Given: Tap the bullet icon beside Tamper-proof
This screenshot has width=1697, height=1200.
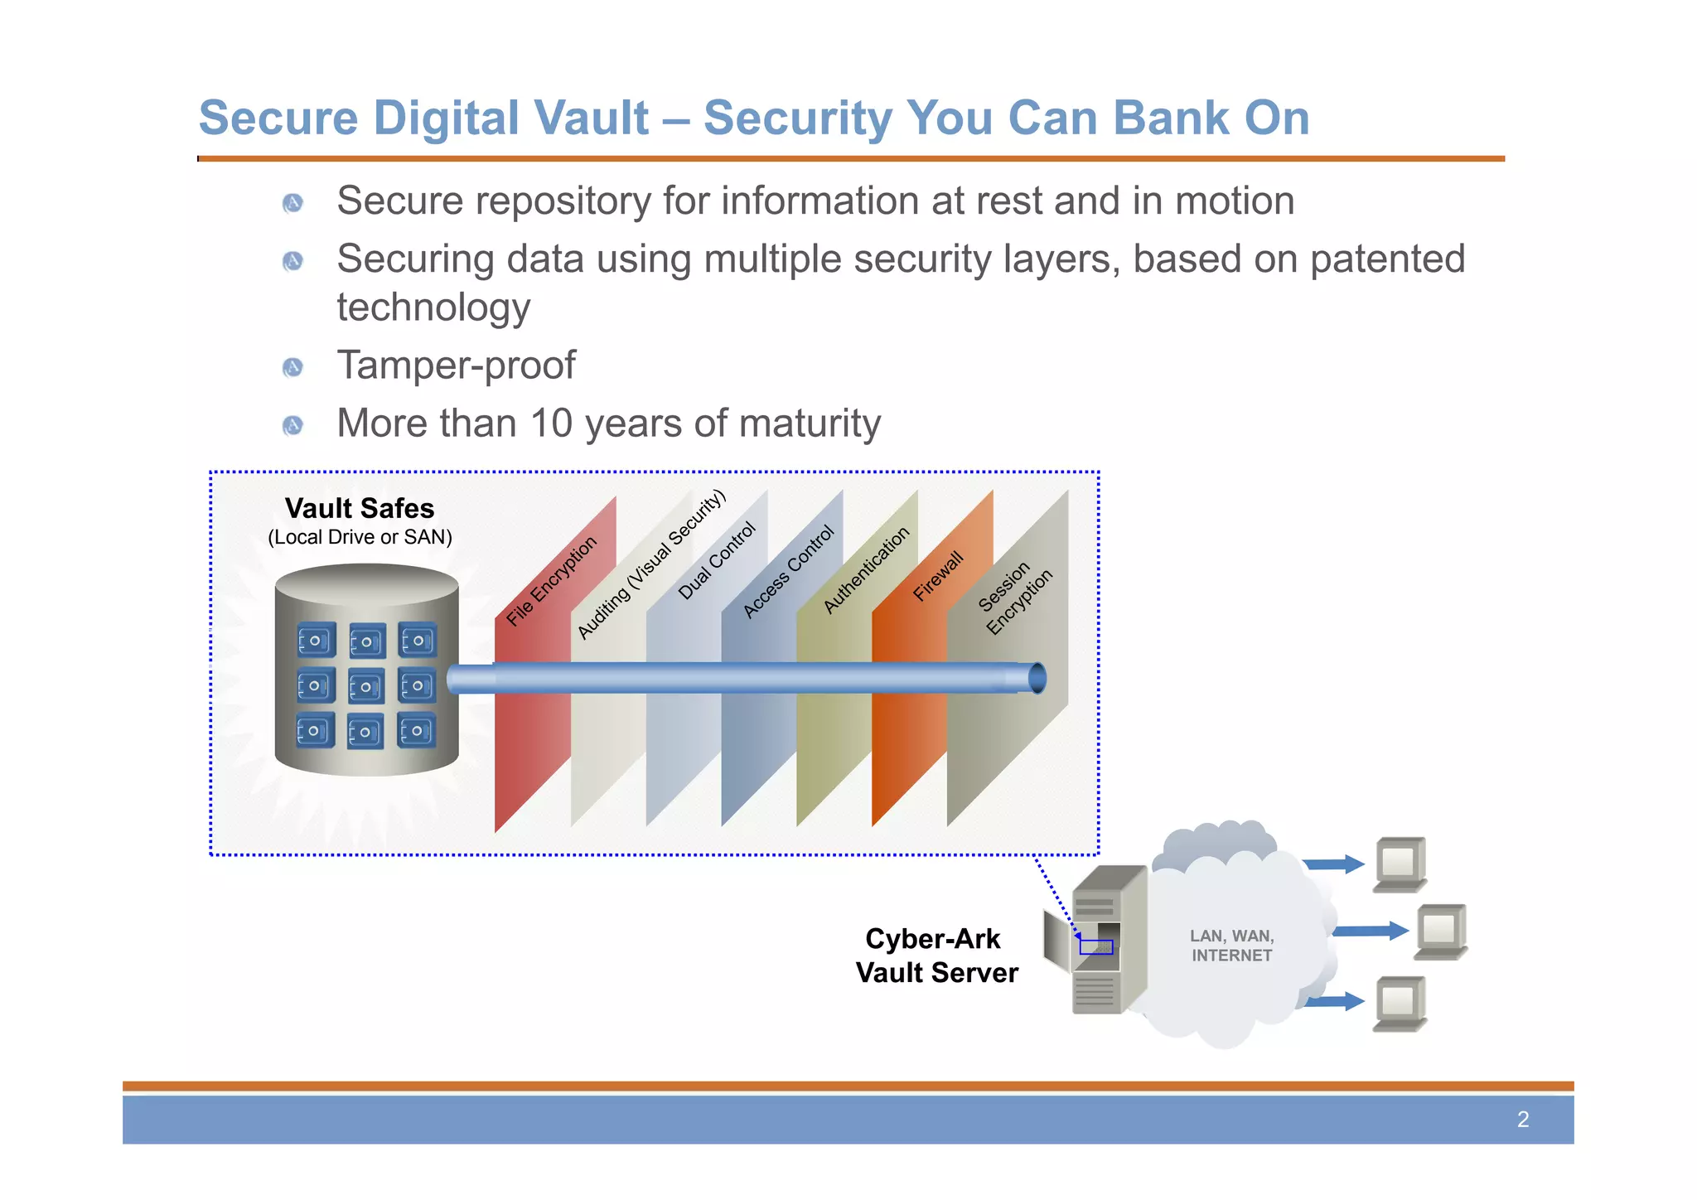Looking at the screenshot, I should tap(293, 367).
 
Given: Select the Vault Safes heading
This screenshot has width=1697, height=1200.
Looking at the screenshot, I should tap(360, 508).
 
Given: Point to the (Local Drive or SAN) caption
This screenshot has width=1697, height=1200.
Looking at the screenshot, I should tap(360, 537).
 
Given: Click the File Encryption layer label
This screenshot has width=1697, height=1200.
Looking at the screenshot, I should tap(552, 580).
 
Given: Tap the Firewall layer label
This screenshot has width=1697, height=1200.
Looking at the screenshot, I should tap(938, 576).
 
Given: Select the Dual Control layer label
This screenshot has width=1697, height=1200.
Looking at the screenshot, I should tap(717, 561).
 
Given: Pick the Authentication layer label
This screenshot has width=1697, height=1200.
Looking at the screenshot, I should tap(866, 570).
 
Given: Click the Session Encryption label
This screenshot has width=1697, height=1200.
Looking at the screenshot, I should tap(1015, 598).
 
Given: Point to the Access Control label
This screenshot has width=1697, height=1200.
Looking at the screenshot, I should tap(788, 572).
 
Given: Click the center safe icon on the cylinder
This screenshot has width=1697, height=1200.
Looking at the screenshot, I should tap(366, 687).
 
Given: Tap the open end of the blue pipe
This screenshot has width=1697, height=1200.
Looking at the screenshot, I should tap(1037, 678).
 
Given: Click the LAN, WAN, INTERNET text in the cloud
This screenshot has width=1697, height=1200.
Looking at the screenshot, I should tap(1231, 946).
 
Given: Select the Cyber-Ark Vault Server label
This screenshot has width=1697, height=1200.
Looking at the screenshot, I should tap(936, 956).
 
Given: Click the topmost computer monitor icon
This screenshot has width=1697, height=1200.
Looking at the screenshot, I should tap(1400, 863).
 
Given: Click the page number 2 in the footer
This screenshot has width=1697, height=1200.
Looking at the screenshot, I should tap(1522, 1120).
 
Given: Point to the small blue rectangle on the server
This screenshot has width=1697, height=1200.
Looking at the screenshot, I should tap(1095, 946).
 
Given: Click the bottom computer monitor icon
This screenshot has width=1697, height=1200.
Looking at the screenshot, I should tap(1400, 1003).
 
